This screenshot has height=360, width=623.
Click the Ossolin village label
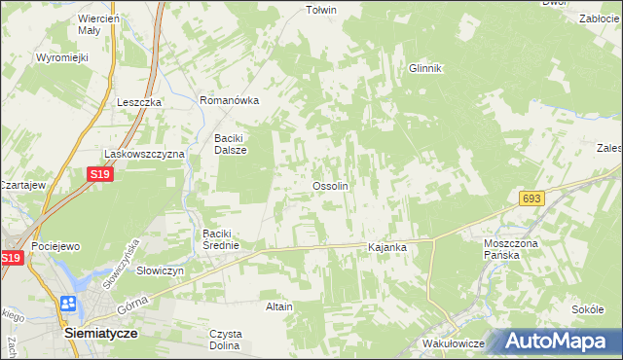330,185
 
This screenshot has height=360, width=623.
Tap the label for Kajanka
386,248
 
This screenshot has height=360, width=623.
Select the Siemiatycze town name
100,332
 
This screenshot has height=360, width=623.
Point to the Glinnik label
425,68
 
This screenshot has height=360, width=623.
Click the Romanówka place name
228,100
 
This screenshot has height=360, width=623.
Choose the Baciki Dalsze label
231,144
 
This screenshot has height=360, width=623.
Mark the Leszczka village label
138,102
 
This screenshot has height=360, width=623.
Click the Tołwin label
320,11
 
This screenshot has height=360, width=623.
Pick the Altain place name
279,306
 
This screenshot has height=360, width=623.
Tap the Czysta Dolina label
226,340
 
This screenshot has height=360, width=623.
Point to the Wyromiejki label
62,57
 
